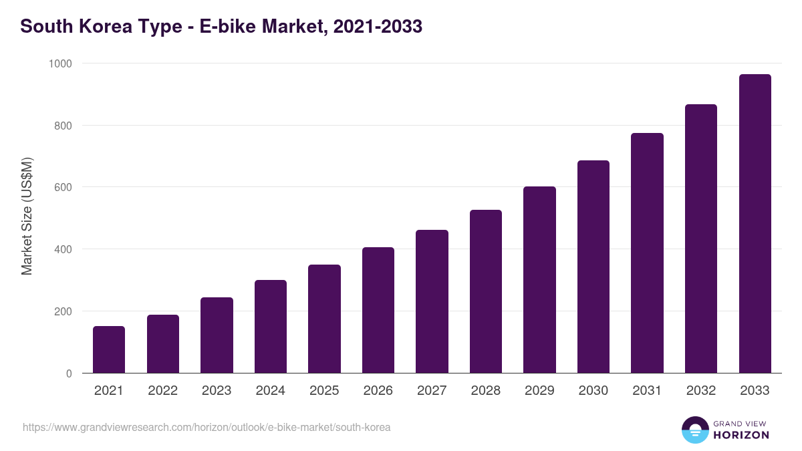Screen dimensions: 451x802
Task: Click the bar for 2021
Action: click(109, 349)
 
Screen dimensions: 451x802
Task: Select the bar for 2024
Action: click(271, 327)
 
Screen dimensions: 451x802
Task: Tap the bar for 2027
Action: click(432, 301)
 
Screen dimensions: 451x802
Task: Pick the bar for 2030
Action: click(593, 267)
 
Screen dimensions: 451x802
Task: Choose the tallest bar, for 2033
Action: click(755, 224)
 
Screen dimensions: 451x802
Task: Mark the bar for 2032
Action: click(701, 239)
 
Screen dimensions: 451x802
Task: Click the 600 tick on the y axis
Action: click(62, 187)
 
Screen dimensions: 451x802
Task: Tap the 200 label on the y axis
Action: click(62, 311)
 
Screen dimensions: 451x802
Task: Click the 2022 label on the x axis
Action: click(163, 391)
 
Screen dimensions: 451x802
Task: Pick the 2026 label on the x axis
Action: click(378, 391)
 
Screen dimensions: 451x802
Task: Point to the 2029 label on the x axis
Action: click(539, 391)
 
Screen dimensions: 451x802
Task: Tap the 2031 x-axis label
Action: click(647, 391)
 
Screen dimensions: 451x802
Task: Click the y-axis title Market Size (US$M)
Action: click(27, 216)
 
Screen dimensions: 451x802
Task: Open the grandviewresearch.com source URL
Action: click(207, 427)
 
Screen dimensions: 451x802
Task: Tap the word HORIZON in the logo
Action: click(741, 435)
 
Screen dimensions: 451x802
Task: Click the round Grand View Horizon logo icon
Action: click(695, 430)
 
